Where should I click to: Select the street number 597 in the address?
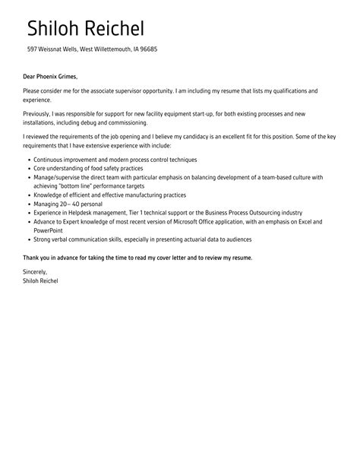click(33, 49)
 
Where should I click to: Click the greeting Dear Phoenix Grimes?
click(50, 76)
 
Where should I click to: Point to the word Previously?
click(38, 114)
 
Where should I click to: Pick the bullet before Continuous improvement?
click(28, 160)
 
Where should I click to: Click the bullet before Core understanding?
click(28, 168)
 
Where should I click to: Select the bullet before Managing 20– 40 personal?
click(28, 204)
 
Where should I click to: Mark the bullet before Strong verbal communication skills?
click(28, 239)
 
